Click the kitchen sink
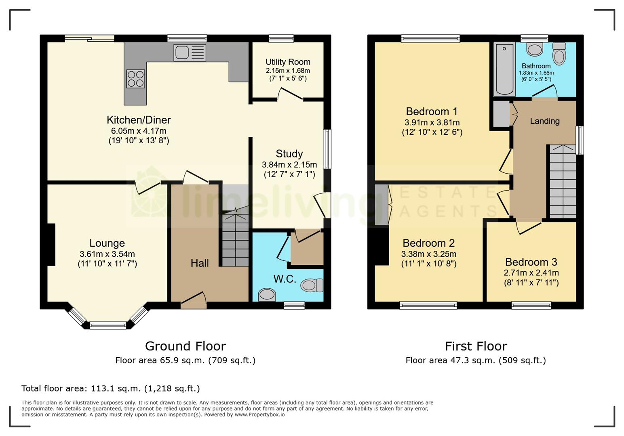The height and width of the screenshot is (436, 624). click(190, 52)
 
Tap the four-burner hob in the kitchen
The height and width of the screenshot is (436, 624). click(135, 79)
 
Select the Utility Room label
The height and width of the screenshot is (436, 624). click(288, 62)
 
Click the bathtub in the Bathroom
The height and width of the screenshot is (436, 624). click(504, 70)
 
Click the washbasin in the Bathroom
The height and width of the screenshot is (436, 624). click(535, 50)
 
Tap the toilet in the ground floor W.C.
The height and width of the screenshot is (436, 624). click(312, 285)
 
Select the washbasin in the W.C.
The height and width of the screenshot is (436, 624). click(267, 294)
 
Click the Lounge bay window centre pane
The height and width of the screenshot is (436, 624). click(108, 325)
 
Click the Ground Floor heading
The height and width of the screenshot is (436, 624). click(185, 346)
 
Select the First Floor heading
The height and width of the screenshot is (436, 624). click(476, 346)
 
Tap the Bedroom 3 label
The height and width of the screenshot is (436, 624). click(531, 262)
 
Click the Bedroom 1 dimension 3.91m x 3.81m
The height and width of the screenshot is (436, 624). click(432, 122)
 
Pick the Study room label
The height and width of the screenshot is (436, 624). click(289, 153)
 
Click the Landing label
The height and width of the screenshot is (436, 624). click(544, 121)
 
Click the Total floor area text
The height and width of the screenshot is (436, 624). click(110, 388)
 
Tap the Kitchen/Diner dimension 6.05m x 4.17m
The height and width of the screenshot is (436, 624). click(139, 131)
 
